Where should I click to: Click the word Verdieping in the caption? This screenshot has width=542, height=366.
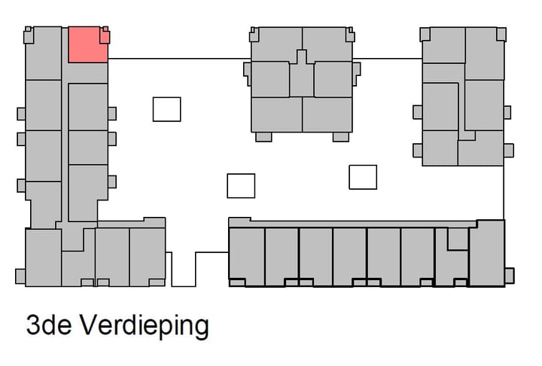144,326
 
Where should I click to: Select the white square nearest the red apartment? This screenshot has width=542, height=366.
166,109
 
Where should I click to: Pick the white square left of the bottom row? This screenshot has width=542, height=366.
241,185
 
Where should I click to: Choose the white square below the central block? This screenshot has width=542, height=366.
363,177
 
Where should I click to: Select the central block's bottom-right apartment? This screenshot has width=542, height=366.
327,114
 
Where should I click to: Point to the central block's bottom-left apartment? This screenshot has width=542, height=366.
276,114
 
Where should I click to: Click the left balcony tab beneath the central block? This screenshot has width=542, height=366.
263,137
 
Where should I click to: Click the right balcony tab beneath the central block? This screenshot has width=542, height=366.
341,137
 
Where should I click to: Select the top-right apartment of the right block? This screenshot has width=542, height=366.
485,53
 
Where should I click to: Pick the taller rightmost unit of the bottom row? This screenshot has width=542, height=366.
486,252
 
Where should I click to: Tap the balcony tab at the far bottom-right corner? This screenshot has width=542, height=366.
509,276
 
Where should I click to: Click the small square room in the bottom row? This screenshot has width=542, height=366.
458,239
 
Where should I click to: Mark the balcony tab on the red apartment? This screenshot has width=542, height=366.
105,36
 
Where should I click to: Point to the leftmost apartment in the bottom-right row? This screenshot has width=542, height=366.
246,255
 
